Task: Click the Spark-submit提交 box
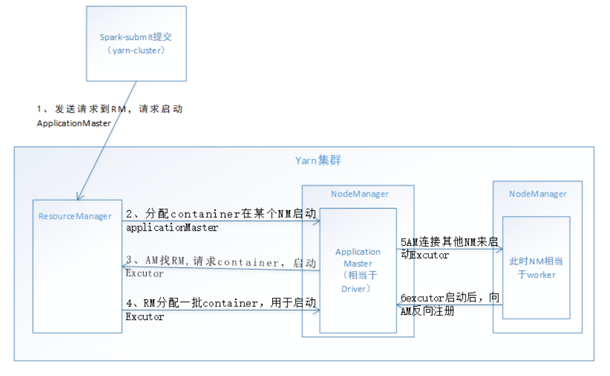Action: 136,43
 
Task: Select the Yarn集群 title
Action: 318,161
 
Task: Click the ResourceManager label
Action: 75,216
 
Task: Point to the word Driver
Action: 357,289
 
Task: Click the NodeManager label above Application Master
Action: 359,194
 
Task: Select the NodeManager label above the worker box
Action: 538,194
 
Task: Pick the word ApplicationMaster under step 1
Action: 74,123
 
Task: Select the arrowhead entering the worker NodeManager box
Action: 500,249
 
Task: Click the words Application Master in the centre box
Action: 358,258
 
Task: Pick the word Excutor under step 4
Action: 144,317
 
